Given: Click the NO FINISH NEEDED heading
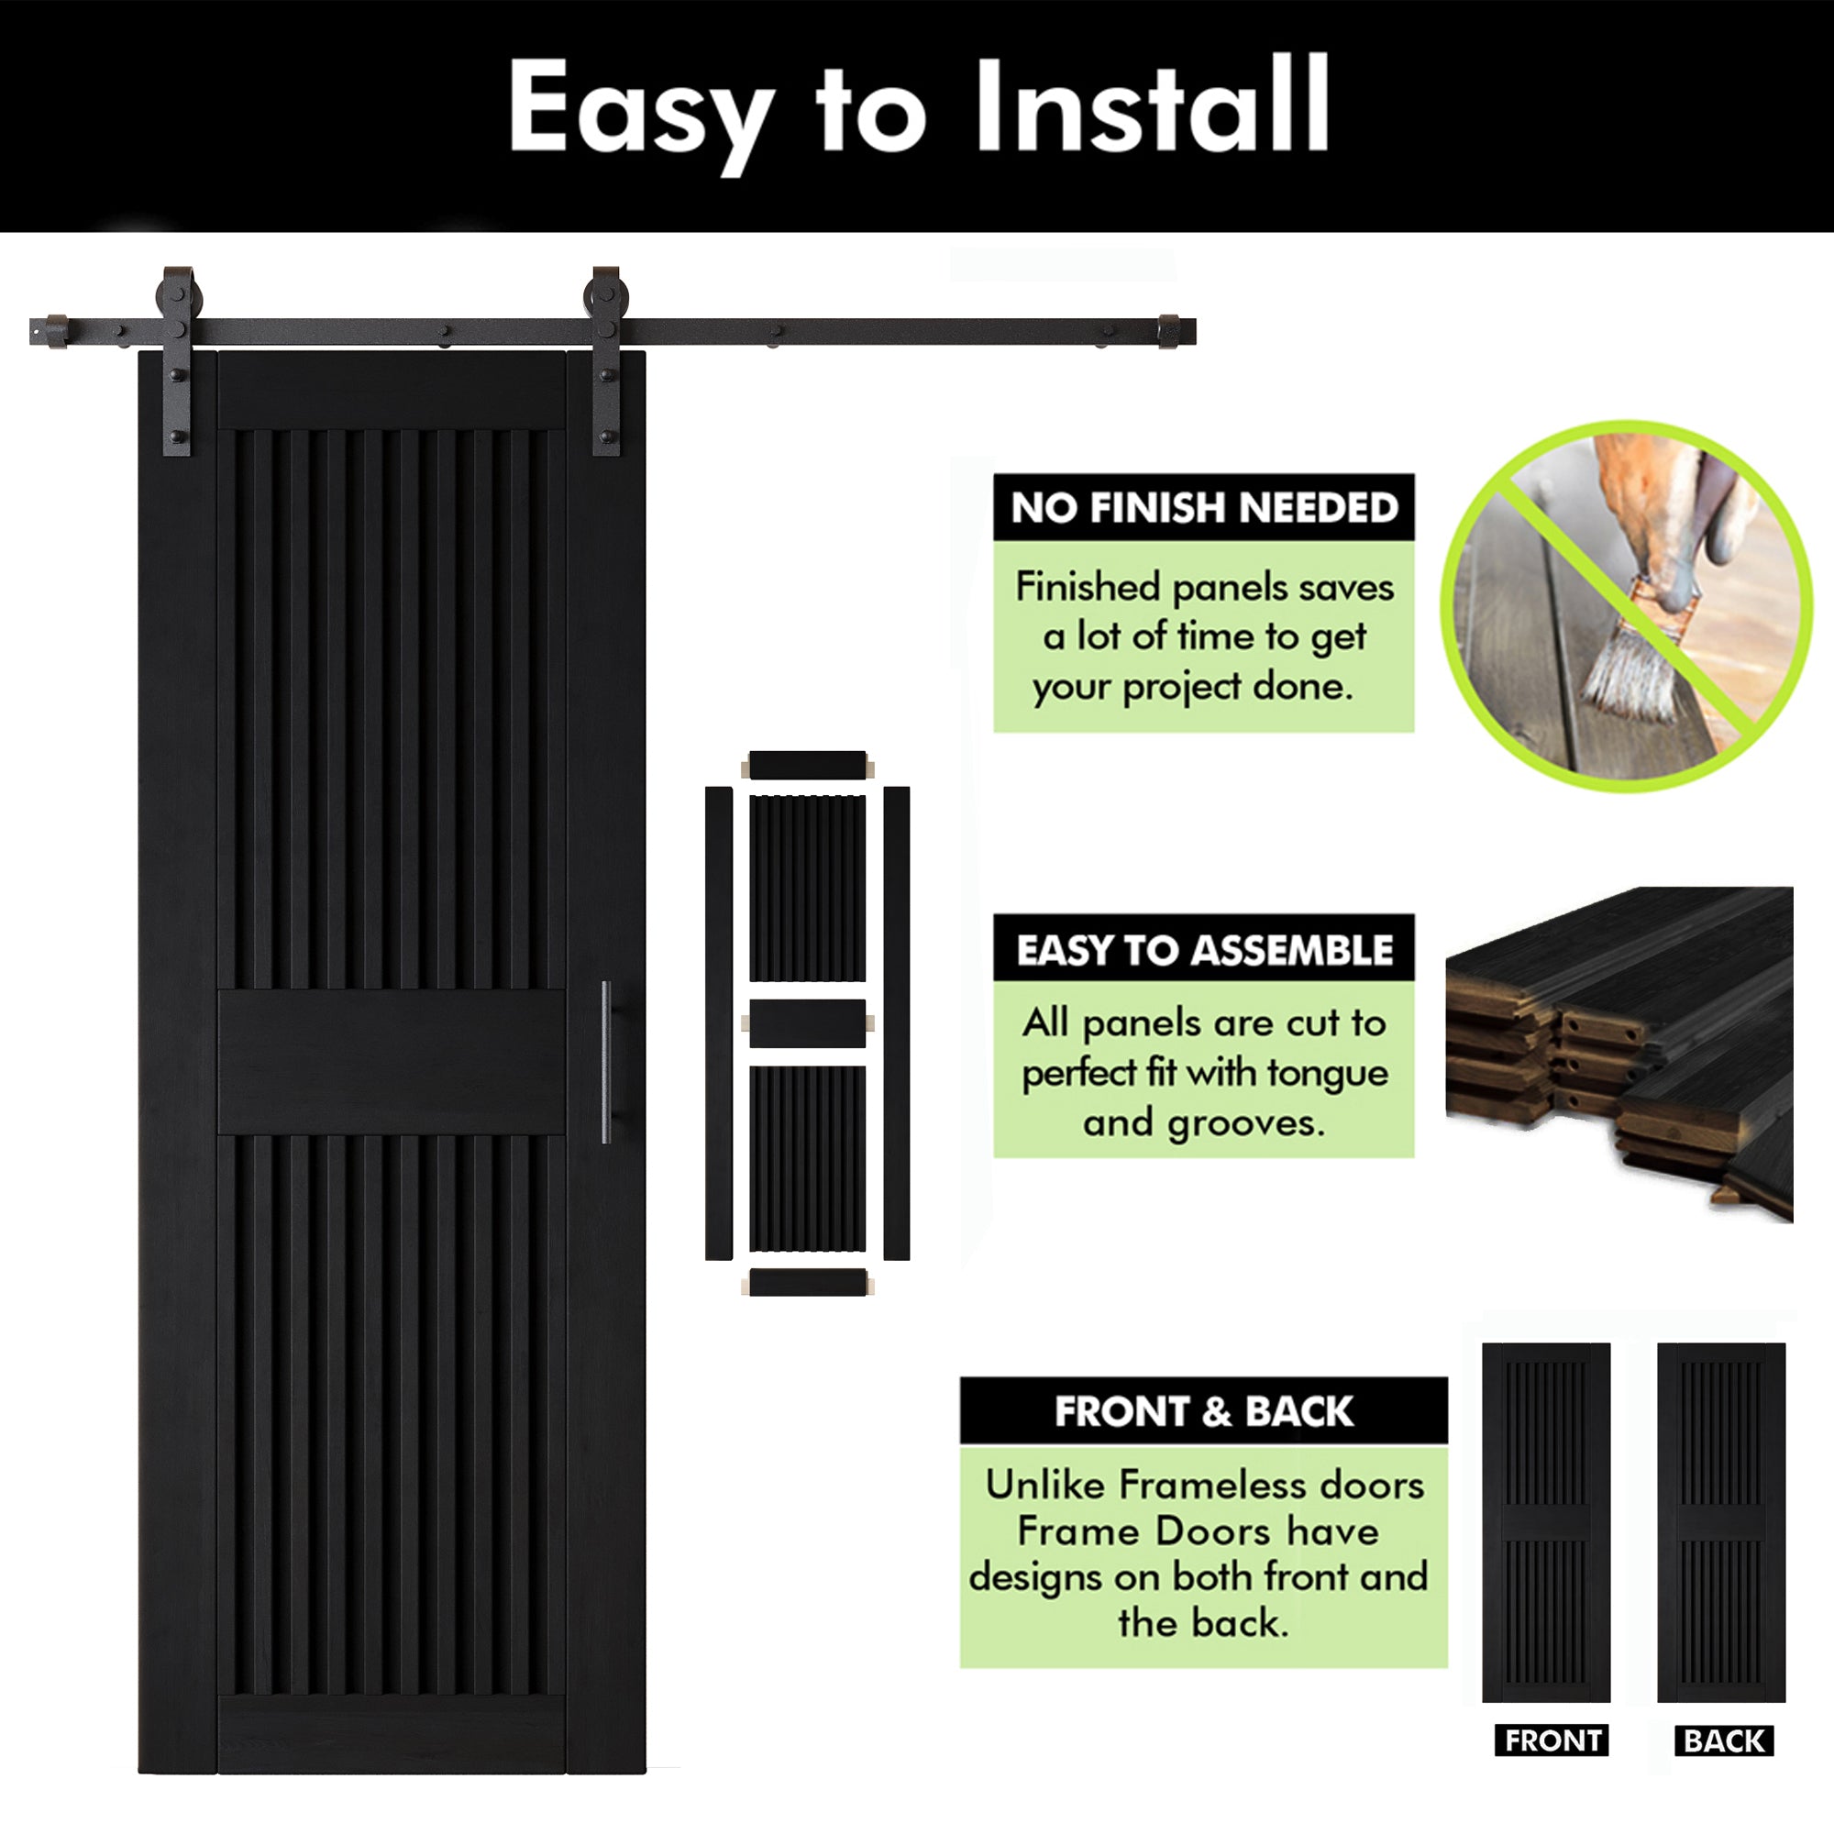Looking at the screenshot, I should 1204,508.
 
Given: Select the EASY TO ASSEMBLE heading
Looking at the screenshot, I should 1204,950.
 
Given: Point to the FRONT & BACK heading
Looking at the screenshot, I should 1204,1411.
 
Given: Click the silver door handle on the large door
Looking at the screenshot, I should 606,1062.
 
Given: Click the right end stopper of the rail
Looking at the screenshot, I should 1168,331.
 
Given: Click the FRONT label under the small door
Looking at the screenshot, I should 1553,1740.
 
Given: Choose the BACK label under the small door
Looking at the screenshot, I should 1724,1740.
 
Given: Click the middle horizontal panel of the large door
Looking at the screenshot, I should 392,1062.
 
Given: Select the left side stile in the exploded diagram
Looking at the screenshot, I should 719,1023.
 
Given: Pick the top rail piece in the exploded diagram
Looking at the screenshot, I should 807,765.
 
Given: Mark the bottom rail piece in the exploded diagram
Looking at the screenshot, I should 807,1283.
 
